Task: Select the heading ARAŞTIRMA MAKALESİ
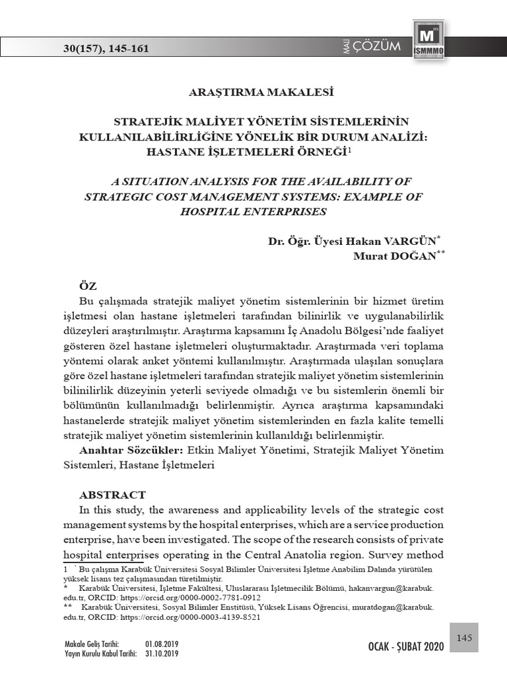click(x=254, y=92)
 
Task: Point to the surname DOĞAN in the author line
click(x=409, y=256)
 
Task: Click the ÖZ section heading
click(x=88, y=286)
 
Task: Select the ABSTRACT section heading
click(x=112, y=494)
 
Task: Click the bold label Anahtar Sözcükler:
click(x=131, y=450)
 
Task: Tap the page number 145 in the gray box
click(x=464, y=637)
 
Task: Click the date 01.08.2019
click(x=162, y=644)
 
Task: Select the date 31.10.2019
click(x=162, y=654)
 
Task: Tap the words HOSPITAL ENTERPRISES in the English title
click(x=253, y=212)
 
